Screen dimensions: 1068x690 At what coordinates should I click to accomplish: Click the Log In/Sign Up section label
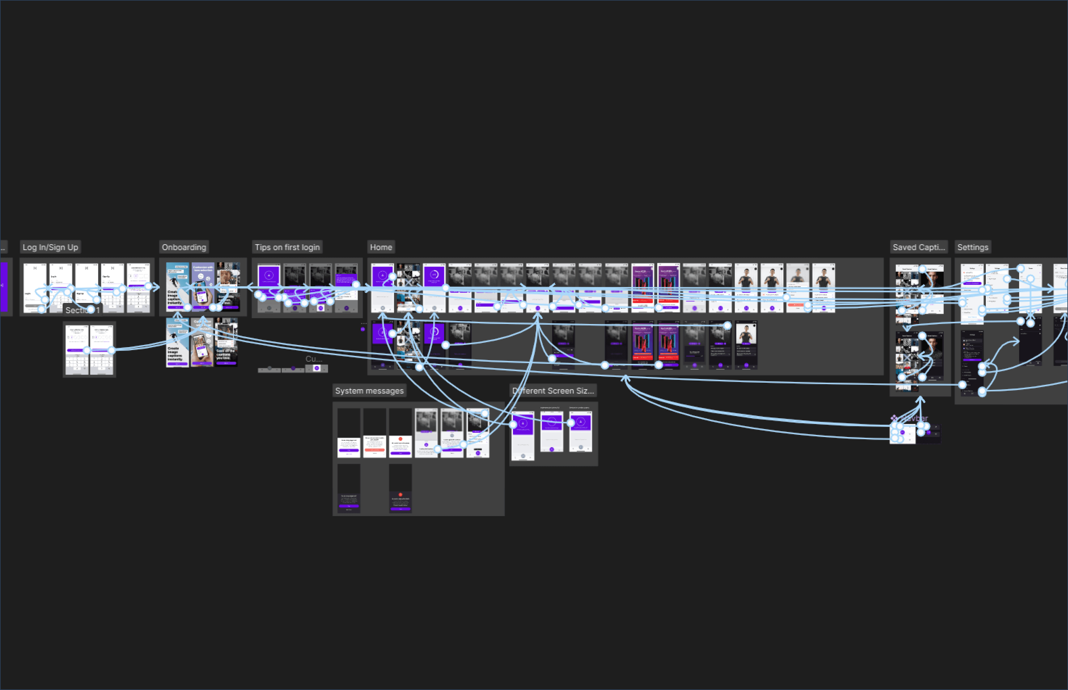[50, 247]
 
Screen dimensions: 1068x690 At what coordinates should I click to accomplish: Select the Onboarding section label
[184, 247]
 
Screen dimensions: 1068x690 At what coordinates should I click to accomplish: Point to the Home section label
[381, 247]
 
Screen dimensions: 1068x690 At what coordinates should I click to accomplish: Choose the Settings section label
[973, 247]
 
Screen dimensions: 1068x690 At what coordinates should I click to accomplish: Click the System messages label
[369, 391]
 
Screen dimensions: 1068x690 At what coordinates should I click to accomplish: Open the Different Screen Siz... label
[553, 391]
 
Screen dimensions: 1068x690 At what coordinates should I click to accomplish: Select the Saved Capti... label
[919, 247]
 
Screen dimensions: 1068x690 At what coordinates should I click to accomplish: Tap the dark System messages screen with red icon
[400, 488]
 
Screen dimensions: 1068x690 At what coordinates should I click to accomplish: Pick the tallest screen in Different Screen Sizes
[523, 436]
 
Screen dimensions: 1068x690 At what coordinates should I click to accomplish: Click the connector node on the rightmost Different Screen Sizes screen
[571, 423]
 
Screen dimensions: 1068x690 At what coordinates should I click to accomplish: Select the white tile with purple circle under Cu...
[317, 368]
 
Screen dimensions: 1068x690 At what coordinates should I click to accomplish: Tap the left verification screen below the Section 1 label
[77, 350]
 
